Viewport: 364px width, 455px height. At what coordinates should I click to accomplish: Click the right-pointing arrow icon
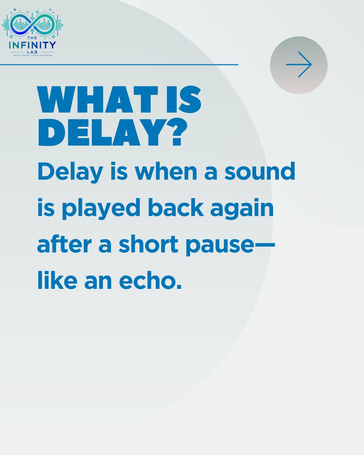[x=299, y=65]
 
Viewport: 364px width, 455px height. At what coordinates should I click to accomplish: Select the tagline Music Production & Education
[x=32, y=55]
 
